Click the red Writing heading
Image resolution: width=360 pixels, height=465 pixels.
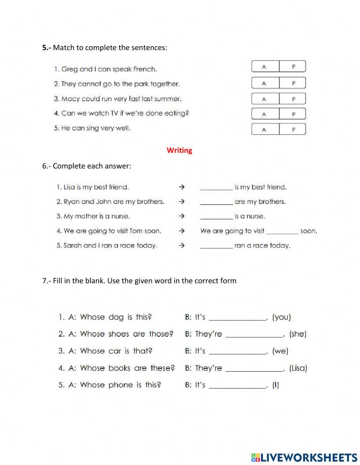(x=179, y=150)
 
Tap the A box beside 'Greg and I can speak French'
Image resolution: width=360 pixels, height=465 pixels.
(x=265, y=67)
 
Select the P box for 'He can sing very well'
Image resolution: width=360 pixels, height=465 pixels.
(x=293, y=129)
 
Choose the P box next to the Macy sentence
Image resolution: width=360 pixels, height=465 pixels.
(x=293, y=99)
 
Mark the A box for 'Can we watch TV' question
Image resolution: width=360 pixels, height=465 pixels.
(x=265, y=114)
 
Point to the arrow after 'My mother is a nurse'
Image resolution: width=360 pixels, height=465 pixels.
(x=182, y=216)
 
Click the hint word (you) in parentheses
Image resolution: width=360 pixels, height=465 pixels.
(x=282, y=317)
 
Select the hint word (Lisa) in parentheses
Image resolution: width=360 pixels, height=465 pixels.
(x=298, y=368)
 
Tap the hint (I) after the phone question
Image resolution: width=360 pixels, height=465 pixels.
(x=275, y=385)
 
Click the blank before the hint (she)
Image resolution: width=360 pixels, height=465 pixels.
(x=254, y=334)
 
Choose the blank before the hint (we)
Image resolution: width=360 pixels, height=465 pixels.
(x=238, y=351)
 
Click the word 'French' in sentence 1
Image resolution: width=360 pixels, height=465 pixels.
(x=145, y=69)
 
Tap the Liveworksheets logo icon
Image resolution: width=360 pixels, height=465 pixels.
(x=256, y=457)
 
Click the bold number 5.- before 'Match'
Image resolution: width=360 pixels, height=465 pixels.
(x=47, y=48)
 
